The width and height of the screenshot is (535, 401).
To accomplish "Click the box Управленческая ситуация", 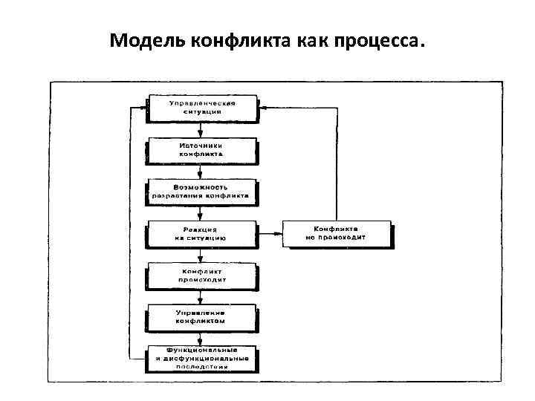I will [201, 107].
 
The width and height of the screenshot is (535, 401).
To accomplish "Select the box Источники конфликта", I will [201, 149].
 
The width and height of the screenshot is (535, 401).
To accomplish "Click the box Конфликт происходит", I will [201, 276].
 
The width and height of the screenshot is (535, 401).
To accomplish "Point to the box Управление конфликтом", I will [201, 317].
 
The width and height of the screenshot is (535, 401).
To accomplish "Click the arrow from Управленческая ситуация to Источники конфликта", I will [201, 128].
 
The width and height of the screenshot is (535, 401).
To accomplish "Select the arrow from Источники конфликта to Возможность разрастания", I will [201, 171].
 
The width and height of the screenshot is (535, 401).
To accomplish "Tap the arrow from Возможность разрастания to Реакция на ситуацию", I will [201, 212].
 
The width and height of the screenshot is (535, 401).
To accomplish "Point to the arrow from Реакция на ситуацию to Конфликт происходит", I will [201, 255].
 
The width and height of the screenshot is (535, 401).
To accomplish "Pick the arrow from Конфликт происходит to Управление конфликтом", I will [201, 296].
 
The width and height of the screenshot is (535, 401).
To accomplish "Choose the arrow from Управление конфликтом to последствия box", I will [201, 338].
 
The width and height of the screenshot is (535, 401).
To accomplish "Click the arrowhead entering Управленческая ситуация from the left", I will [143, 108].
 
